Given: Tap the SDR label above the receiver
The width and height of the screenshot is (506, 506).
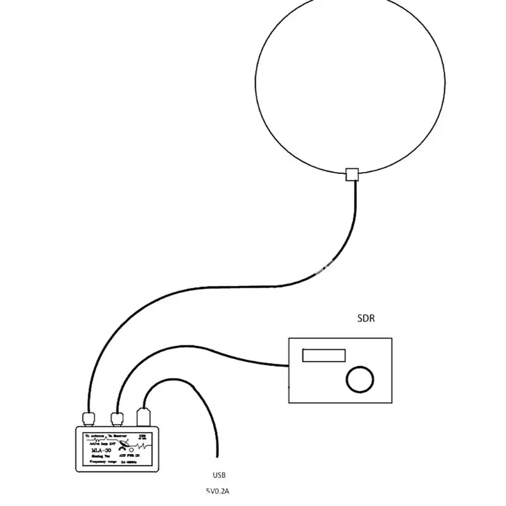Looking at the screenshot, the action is pos(366,319).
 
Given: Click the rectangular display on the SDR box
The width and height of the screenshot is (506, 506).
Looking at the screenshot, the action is pos(324,355).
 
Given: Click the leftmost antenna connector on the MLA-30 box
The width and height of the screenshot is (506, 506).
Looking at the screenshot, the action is pos(87,417).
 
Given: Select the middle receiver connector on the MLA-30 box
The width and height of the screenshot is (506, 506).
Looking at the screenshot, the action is pos(117,417).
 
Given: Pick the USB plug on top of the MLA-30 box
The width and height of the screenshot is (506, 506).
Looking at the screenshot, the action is pos(143,417).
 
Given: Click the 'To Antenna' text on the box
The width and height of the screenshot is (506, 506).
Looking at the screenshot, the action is pos(96,436).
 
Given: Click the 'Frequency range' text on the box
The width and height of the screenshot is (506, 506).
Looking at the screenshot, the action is pos(101,463).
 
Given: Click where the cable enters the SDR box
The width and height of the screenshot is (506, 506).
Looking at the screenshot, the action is pos(288,366).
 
